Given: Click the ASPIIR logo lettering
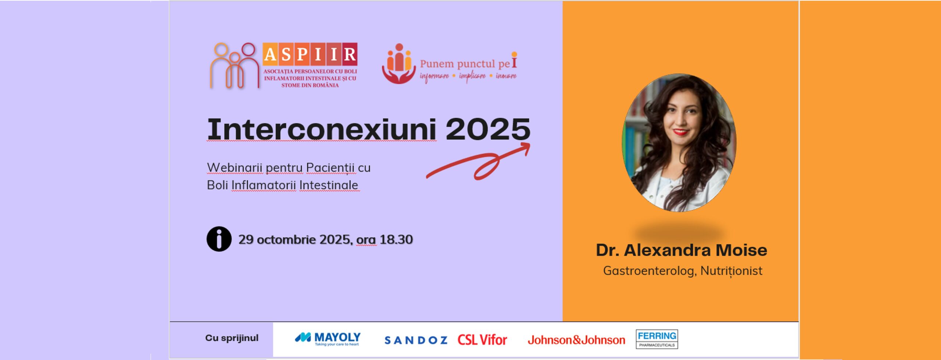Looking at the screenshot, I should pos(310,54).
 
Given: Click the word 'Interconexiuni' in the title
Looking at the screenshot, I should pos(322,129).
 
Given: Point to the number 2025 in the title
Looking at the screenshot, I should pos(488,129).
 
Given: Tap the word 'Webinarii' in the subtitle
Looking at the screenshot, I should pos(235,168).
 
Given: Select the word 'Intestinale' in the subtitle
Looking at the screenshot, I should pos(329,185).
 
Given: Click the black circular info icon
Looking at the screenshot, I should pos(219,239).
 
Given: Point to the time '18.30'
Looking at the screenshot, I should pos(396,240).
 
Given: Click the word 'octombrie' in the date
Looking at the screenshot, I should pos(286,240).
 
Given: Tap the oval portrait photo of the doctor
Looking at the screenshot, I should pos(679,143).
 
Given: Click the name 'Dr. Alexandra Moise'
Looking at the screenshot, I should pos(681,250).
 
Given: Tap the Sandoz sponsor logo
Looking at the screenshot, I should pos(416,340).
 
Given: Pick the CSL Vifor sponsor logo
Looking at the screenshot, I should pos(482,340).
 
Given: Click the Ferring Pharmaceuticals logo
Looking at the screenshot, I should pos(657,339).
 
